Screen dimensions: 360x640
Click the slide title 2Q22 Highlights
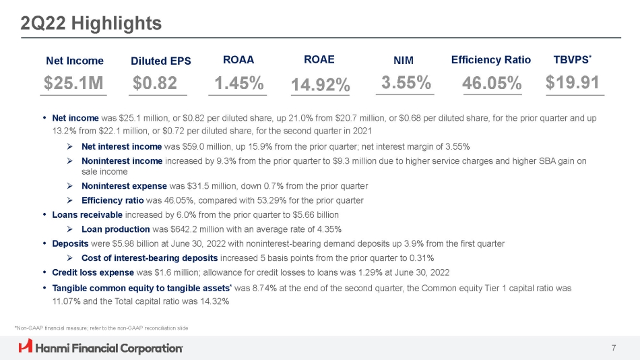click(91, 24)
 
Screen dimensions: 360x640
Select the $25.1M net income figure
click(74, 84)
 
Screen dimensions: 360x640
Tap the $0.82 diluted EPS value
click(155, 84)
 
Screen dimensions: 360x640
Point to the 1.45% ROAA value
click(238, 84)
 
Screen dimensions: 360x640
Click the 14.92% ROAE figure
click(320, 85)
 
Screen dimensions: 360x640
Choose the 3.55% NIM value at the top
click(406, 83)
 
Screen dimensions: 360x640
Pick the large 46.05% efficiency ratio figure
click(492, 84)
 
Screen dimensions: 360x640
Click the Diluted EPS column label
click(161, 61)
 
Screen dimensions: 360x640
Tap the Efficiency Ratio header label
click(491, 60)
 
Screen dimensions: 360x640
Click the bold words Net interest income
click(121, 146)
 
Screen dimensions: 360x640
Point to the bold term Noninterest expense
click(123, 186)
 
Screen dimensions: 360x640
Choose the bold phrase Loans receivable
click(87, 214)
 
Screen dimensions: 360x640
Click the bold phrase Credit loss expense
click(92, 272)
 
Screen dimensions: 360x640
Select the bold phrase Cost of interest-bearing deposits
click(149, 258)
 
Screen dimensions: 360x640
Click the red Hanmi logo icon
click(26, 347)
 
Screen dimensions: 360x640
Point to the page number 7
click(614, 347)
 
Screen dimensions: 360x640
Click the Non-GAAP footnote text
click(101, 328)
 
